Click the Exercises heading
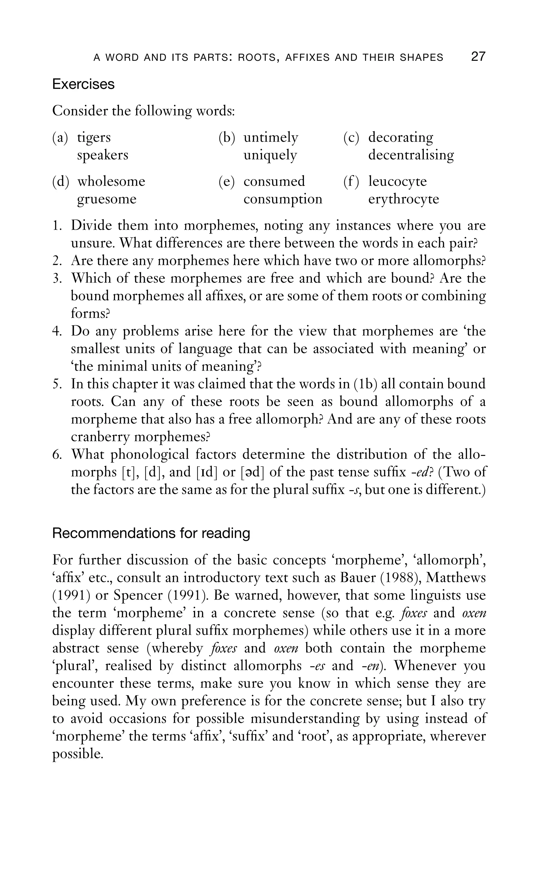[x=83, y=84]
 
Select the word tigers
[x=94, y=138]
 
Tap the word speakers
[x=103, y=155]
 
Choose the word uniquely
[x=270, y=155]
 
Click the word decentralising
[x=411, y=155]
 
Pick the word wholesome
[x=111, y=182]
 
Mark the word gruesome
[x=107, y=199]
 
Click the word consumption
[x=283, y=199]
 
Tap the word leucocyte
[x=397, y=182]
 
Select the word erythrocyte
[x=404, y=199]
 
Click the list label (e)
[x=227, y=182]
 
